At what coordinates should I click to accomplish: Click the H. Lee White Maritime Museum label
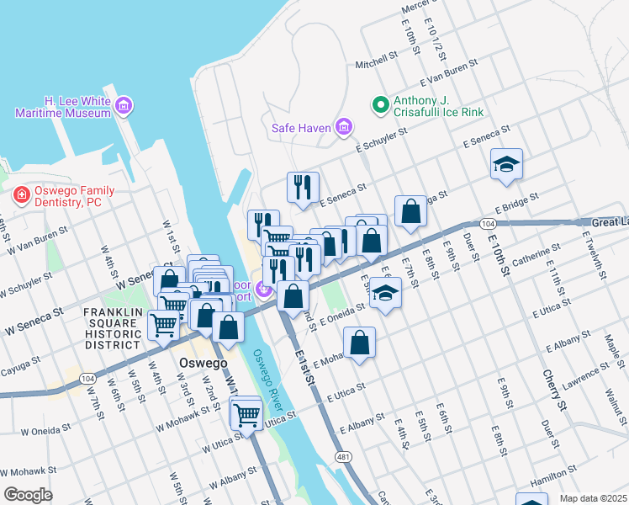[x=61, y=106]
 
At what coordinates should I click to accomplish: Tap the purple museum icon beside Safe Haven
[x=343, y=128]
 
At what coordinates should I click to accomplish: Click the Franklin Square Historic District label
[x=112, y=328]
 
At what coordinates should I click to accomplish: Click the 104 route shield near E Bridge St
[x=488, y=223]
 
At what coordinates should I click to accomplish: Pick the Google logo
[x=28, y=495]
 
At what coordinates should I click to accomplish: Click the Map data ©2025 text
[x=593, y=498]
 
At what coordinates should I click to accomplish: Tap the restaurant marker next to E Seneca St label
[x=303, y=187]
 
